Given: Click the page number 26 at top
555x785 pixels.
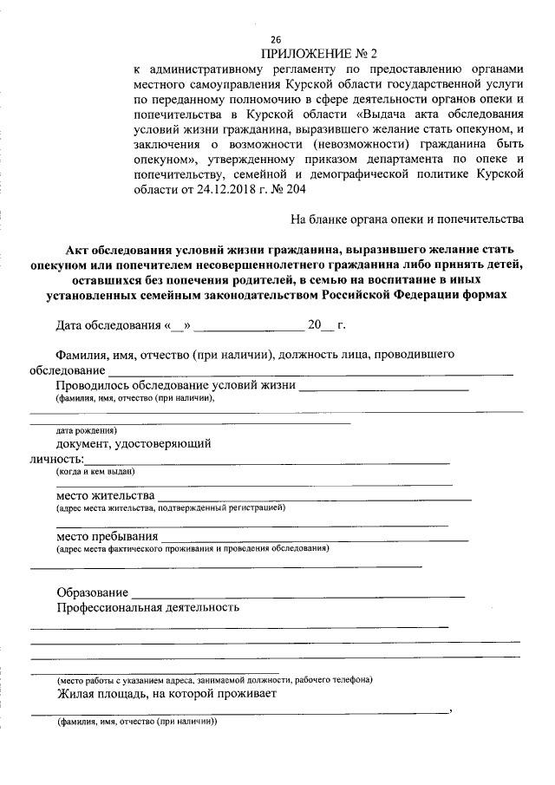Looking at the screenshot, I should [x=276, y=40].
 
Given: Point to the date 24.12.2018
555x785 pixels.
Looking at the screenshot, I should [x=231, y=190].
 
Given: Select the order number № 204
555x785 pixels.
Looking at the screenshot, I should [x=298, y=190].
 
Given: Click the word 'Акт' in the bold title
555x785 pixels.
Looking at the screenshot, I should [x=82, y=249].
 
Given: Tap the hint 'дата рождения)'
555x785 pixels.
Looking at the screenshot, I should [x=87, y=430].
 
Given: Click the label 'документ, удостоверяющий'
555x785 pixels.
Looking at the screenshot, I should [x=134, y=443].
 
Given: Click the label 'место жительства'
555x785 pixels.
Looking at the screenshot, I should [x=105, y=495].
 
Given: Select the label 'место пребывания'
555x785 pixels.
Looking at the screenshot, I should [x=108, y=536].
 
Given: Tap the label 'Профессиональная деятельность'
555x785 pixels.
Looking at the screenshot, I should [x=147, y=607].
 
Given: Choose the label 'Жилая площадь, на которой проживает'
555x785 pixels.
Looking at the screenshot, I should [x=166, y=695].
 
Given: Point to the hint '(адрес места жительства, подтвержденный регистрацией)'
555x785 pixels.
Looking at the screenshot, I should [x=170, y=507].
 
